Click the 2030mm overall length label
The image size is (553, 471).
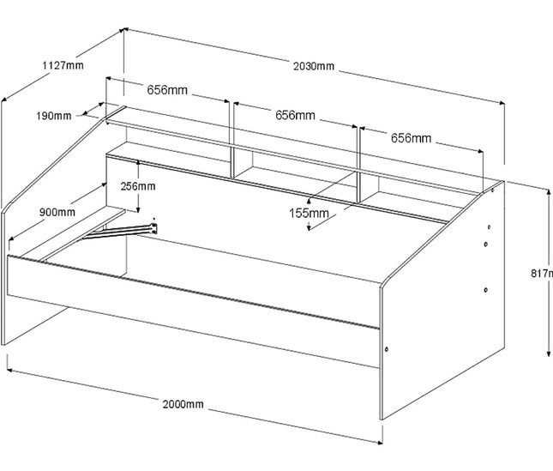point(313,66)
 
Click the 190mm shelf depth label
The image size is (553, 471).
point(55,116)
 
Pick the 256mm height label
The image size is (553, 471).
point(137,186)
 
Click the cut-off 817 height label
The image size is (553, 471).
point(541,274)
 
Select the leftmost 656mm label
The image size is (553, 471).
point(167,89)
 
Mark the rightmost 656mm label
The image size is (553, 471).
point(411,137)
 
